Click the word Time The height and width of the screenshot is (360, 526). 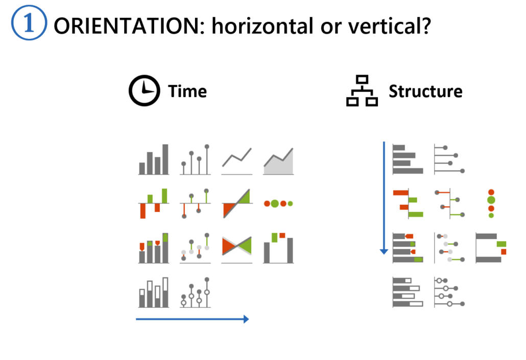[187, 91]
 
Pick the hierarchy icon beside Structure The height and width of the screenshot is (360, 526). [362, 91]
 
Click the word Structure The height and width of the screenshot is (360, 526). [425, 91]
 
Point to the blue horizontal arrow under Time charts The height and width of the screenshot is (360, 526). [192, 319]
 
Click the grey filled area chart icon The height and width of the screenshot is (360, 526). [278, 161]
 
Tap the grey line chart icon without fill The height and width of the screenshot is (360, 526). [237, 160]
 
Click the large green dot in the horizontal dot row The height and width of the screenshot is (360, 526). [275, 204]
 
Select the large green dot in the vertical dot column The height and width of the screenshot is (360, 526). [491, 200]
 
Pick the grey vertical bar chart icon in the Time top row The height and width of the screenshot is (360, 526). [154, 160]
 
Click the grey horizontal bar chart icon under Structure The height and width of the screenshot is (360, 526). [408, 159]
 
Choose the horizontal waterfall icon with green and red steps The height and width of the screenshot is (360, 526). [491, 248]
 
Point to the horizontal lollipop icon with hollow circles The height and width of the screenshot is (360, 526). [449, 292]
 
